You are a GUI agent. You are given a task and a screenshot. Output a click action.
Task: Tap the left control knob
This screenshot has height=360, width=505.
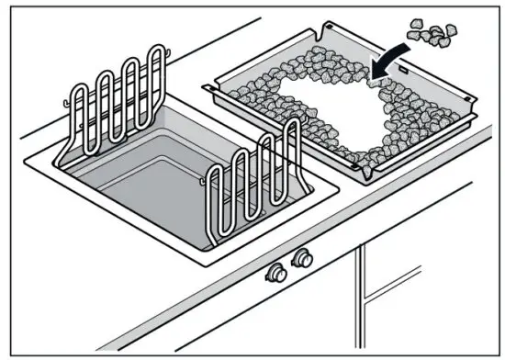point(275,274)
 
